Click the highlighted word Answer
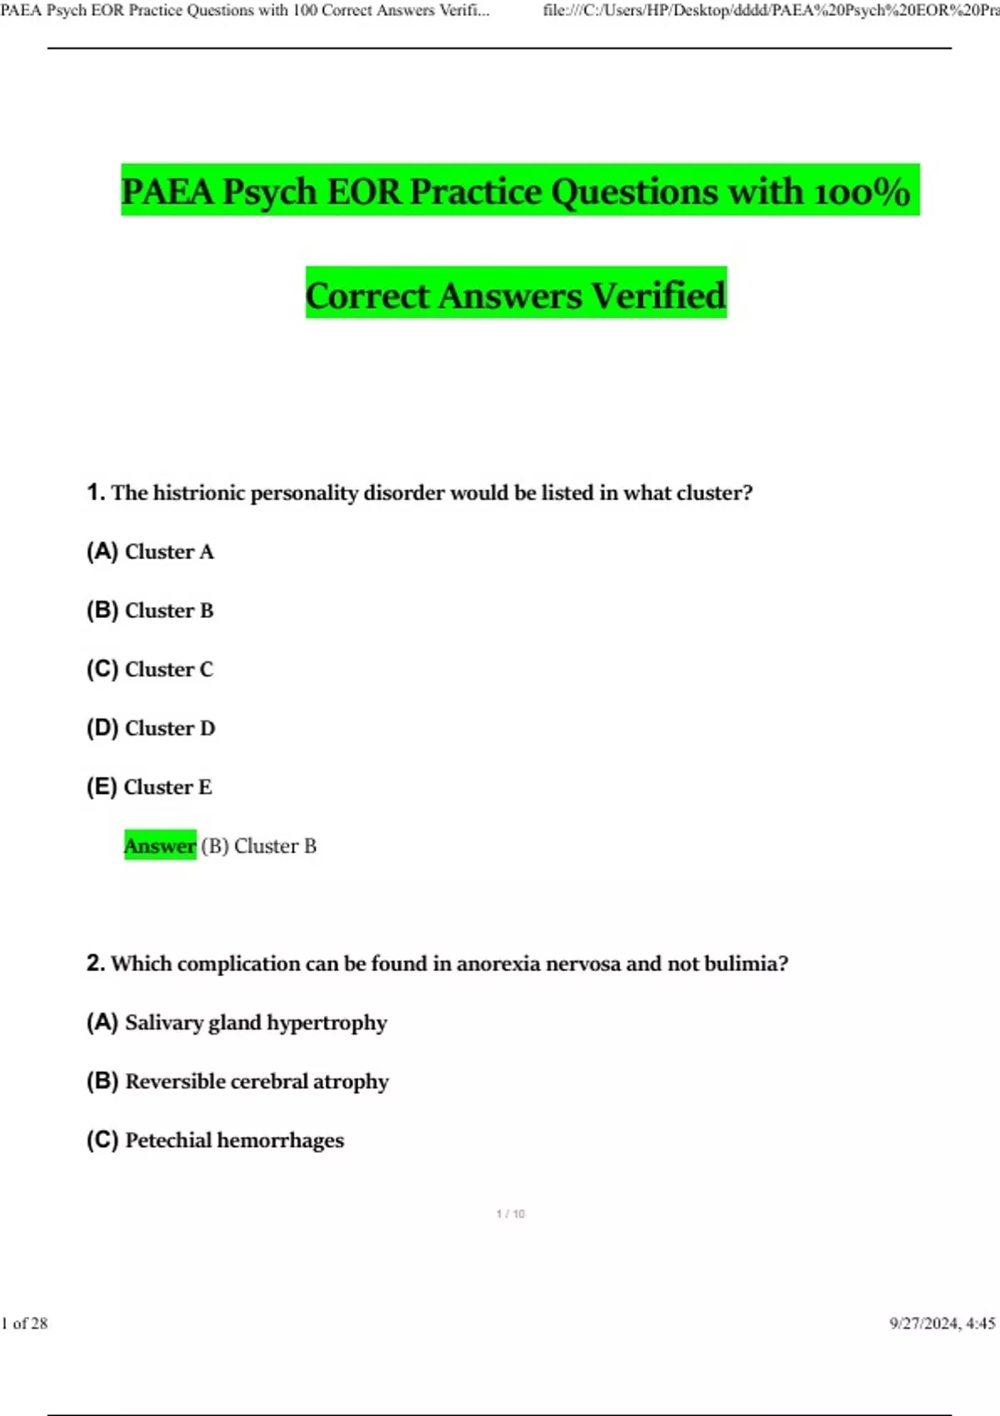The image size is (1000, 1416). [x=160, y=845]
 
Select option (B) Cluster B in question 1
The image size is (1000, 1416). [x=150, y=611]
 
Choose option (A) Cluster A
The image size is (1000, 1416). [x=150, y=551]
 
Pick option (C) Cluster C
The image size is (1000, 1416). [x=150, y=669]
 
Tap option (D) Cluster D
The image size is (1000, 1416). [x=151, y=728]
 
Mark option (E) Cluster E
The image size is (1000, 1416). [x=149, y=787]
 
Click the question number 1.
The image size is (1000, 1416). [x=95, y=492]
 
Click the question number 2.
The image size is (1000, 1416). [x=95, y=963]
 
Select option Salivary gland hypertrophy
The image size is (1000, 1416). [x=256, y=1022]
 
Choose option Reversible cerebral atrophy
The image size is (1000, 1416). [x=257, y=1081]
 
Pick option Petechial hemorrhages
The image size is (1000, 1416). [x=234, y=1139]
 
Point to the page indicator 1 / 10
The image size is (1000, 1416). [x=510, y=1214]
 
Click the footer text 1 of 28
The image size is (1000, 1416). [x=25, y=1323]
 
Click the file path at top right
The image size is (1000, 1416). [x=771, y=11]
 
